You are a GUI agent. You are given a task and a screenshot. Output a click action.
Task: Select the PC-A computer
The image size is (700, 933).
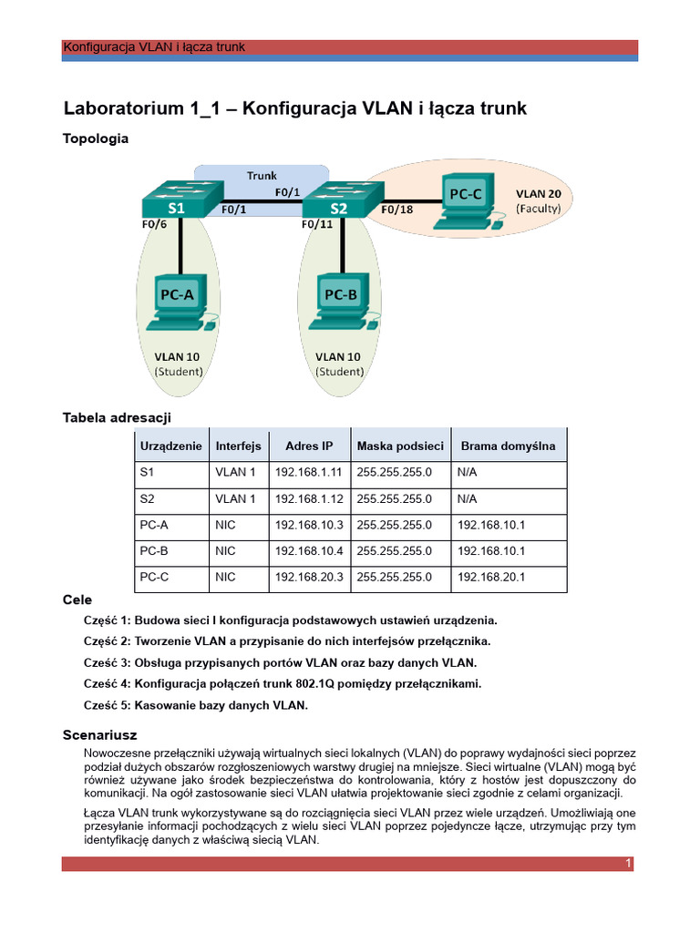[179, 301]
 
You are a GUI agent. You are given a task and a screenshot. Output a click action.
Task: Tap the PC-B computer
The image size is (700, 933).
[340, 301]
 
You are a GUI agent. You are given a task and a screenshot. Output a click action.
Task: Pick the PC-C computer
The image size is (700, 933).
[466, 201]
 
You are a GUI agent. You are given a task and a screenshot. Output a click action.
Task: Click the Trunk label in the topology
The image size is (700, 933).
[262, 175]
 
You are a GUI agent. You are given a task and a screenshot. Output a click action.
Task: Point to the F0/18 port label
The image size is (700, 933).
[396, 210]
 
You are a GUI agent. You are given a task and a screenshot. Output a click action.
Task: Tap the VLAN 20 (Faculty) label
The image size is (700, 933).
[538, 200]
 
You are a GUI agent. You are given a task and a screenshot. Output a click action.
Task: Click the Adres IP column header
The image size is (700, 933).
[308, 446]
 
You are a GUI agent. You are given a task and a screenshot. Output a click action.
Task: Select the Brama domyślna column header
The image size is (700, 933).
[508, 446]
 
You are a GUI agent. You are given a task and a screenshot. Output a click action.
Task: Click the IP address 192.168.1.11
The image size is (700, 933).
[308, 473]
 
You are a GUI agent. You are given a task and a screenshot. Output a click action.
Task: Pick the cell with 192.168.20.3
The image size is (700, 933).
[308, 577]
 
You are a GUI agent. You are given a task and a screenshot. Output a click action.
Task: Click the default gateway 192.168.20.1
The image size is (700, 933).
[491, 577]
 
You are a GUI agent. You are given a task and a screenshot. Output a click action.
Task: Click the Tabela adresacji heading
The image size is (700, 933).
[117, 417]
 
